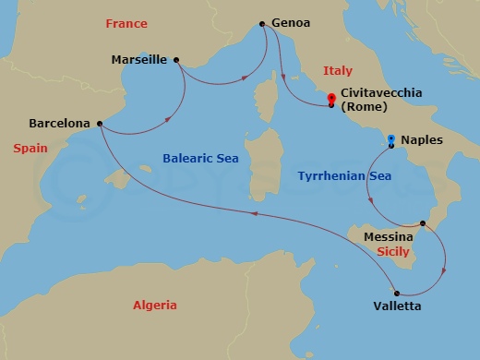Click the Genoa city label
292,23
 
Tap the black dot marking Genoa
263,24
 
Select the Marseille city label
138,59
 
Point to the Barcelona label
59,122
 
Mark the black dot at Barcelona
100,122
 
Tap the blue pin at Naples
391,141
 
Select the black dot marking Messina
423,223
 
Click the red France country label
126,23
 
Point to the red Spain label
30,148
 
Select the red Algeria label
154,305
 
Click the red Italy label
338,70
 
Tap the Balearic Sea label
200,159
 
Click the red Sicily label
393,250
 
